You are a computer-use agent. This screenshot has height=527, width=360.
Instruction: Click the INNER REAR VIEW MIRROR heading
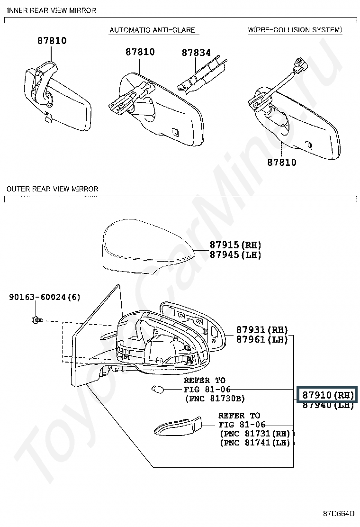tap(51, 10)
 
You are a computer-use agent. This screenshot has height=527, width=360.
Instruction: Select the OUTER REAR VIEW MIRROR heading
tap(53, 189)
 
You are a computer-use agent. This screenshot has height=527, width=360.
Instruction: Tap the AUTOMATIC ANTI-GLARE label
tap(152, 30)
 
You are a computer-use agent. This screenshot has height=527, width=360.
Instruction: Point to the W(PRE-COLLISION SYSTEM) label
tap(295, 30)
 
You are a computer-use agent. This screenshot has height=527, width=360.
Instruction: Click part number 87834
tap(196, 53)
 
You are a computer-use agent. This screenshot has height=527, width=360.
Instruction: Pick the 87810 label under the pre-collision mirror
tap(282, 162)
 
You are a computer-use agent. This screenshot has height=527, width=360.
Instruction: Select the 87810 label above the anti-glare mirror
tap(140, 52)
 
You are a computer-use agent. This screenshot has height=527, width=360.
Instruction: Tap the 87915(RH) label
tap(235, 245)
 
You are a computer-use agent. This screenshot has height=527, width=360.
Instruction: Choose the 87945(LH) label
tap(235, 254)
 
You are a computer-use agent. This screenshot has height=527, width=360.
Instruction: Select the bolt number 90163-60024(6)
tap(45, 297)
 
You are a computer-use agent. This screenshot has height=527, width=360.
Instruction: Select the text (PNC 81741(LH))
tap(257, 443)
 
